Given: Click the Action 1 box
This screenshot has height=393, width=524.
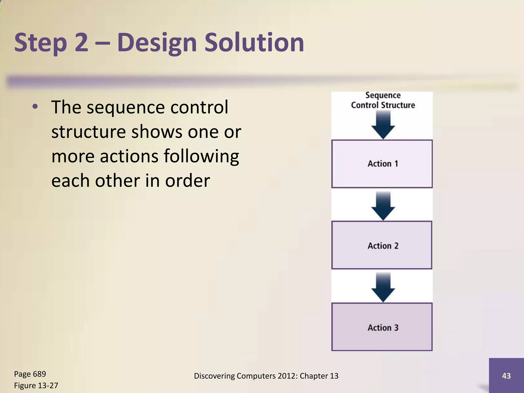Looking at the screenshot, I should click(382, 164).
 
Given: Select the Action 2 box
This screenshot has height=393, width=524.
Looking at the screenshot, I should click(382, 245).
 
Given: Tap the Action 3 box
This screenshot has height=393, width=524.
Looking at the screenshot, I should click(382, 327).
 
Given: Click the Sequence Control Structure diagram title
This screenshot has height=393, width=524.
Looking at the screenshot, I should click(383, 100).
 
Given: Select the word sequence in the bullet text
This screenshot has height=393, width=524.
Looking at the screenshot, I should click(126, 107).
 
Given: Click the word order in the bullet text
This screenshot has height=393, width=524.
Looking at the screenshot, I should click(187, 181).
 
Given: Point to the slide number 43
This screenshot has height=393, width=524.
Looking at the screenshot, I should click(506, 376).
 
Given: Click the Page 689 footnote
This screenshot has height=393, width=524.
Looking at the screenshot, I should click(30, 374).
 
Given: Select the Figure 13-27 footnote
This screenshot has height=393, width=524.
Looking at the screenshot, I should click(36, 385).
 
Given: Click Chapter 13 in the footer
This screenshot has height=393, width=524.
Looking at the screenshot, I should click(319, 376).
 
